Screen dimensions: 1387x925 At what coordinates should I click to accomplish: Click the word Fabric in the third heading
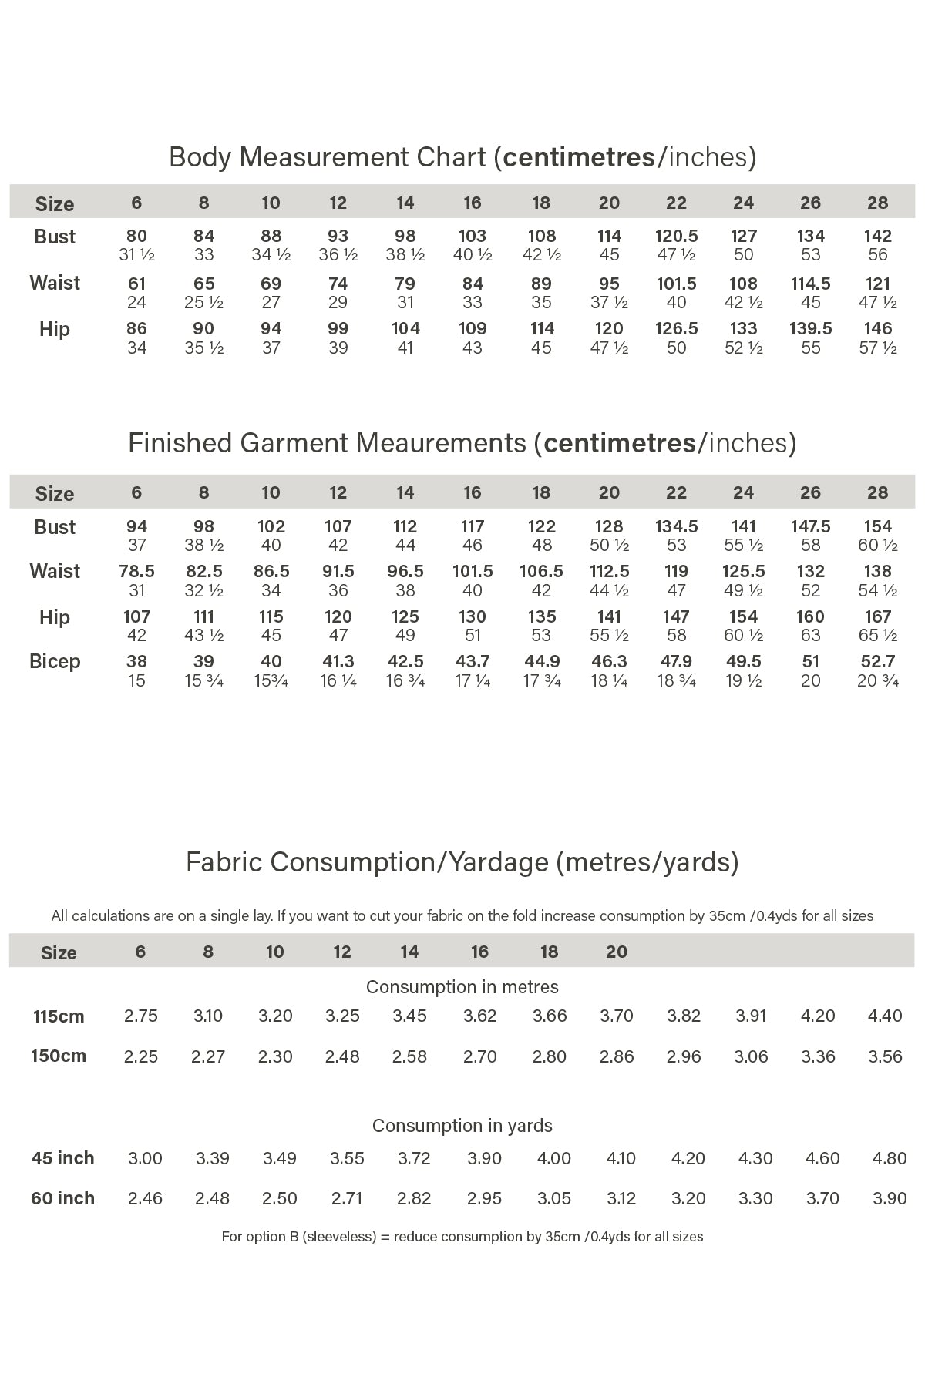[x=225, y=861]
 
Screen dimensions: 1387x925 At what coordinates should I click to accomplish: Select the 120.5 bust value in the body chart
[x=676, y=237]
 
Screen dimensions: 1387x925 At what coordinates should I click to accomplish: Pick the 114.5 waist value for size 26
[x=810, y=284]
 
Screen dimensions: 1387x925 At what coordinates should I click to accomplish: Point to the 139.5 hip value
[x=810, y=329]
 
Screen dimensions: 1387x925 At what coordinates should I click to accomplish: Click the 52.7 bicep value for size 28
[x=877, y=662]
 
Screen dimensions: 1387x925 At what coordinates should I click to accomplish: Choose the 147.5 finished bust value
[x=810, y=527]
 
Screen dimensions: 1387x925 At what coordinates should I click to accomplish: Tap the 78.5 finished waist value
[x=136, y=572]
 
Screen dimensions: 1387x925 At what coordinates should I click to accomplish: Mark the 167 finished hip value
[x=877, y=617]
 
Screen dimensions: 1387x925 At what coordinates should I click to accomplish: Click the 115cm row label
[x=59, y=1016]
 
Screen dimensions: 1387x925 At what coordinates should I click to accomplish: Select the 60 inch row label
[x=62, y=1198]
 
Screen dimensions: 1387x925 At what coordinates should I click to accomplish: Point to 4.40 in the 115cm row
[x=884, y=1016]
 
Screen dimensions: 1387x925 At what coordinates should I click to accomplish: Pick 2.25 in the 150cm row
[x=141, y=1056]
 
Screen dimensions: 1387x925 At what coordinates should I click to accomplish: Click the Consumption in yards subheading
[x=462, y=1126]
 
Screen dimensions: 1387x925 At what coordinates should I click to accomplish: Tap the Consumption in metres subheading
[x=462, y=987]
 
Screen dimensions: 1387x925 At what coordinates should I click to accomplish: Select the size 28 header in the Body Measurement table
[x=877, y=203]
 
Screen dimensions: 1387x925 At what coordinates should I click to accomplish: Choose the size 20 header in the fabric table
[x=616, y=952]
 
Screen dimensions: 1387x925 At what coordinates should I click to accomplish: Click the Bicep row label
[x=55, y=662]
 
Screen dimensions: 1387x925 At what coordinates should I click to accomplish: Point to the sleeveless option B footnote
[x=462, y=1237]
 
